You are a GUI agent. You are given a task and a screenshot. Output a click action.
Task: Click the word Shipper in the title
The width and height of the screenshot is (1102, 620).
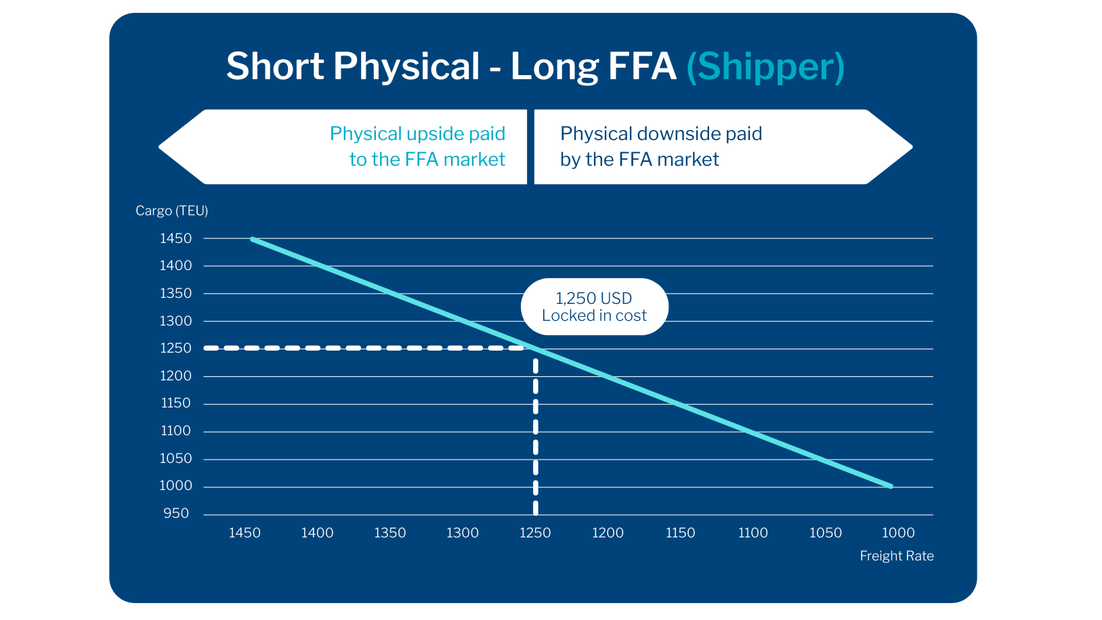765,66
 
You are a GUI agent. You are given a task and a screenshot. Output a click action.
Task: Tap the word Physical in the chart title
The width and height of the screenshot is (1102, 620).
406,66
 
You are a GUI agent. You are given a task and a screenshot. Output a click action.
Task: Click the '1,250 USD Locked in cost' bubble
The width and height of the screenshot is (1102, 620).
594,307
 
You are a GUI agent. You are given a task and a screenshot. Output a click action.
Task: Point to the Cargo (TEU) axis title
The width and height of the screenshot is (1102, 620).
171,211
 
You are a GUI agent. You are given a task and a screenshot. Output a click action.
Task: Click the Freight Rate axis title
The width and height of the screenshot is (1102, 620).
896,556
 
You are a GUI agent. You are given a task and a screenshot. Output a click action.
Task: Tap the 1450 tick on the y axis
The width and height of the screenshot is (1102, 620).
175,238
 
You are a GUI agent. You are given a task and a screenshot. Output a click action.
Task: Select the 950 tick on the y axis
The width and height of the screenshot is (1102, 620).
175,513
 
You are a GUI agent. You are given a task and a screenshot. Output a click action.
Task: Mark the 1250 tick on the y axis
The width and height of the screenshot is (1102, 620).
175,348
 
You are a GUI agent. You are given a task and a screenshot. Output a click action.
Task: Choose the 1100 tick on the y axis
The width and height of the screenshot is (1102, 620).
175,430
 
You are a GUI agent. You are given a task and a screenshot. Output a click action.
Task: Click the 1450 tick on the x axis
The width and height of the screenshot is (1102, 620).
245,533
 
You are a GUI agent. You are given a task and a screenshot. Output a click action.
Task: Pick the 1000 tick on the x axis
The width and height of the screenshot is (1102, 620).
898,533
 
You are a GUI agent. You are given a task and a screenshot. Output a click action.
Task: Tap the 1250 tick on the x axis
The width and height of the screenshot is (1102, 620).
535,533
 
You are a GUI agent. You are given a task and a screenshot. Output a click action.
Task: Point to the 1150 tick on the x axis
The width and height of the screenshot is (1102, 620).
680,533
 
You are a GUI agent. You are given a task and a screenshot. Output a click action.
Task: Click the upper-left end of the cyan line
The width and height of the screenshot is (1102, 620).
253,239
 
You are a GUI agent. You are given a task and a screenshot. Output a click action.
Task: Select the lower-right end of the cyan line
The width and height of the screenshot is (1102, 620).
890,486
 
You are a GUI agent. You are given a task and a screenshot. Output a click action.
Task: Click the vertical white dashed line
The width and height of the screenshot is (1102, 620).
536,433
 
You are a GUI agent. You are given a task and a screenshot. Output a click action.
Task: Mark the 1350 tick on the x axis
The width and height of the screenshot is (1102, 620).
390,533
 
